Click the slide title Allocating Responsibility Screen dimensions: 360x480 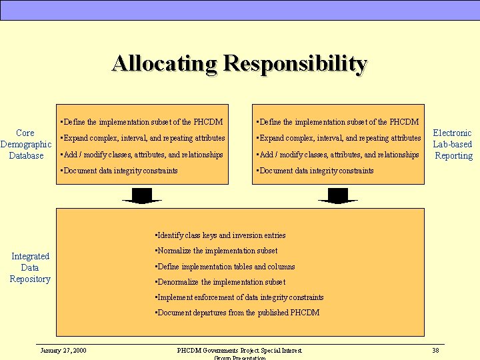pos(239,63)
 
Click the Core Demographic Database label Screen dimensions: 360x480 pos(26,144)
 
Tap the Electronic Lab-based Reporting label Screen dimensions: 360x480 pos(453,144)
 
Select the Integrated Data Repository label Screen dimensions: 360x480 pos(30,267)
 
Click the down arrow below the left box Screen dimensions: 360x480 pos(142,195)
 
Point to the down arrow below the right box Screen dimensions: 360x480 pos(338,195)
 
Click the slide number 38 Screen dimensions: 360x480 pos(435,350)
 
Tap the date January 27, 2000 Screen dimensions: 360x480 pos(63,350)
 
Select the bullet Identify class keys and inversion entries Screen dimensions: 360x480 pos(220,235)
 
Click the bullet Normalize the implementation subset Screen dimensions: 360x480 pos(216,251)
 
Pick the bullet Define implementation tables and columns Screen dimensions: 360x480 pos(225,267)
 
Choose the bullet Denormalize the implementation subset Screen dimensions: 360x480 pos(220,282)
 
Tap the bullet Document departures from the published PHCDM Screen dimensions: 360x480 pos(237,313)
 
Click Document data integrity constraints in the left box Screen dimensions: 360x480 pos(119,171)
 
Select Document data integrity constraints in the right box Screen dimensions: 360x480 pos(315,171)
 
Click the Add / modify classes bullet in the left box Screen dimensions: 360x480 pos(141,155)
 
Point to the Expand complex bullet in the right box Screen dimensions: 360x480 pos(338,138)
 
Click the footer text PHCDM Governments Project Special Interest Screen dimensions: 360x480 pos(239,350)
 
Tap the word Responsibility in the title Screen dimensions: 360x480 pos(295,63)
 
